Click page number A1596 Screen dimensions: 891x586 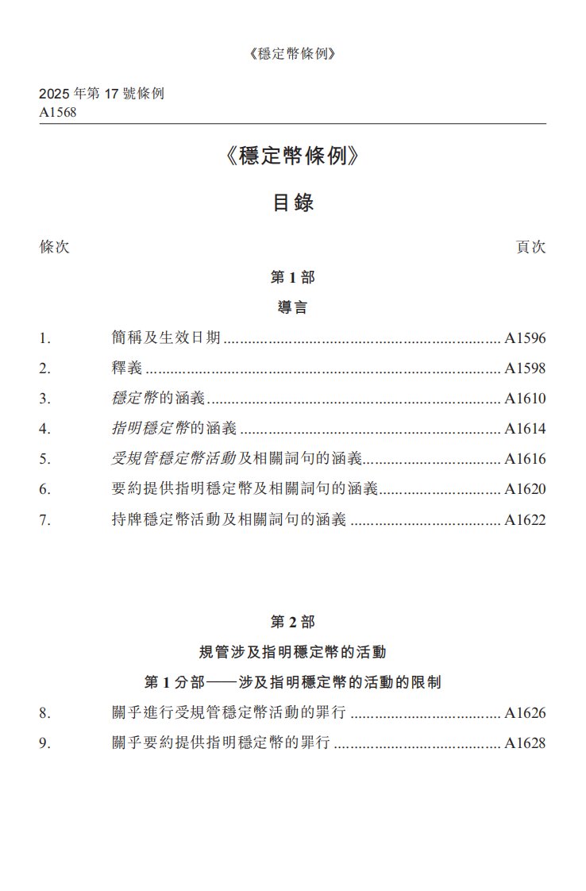tap(525, 338)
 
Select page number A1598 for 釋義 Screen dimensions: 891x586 tap(525, 368)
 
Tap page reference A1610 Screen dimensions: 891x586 tap(525, 399)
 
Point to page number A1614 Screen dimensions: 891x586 tap(525, 429)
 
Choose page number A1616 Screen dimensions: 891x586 tap(525, 459)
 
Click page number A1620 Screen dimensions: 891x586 tap(525, 489)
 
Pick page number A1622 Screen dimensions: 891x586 tap(525, 520)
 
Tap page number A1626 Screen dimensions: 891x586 tap(525, 713)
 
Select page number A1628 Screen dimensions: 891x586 tap(525, 743)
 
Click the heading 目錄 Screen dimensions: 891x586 tap(293, 202)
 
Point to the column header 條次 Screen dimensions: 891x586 tap(55, 247)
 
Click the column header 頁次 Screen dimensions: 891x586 tap(530, 247)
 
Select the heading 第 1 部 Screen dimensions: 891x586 tap(293, 278)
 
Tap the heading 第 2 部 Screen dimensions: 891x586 tap(293, 622)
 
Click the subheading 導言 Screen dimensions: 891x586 tap(293, 308)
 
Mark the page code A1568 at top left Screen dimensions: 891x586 tap(58, 112)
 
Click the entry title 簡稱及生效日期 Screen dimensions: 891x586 tap(166, 338)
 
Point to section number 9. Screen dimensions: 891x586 tap(44, 743)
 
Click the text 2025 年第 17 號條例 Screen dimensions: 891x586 tap(102, 94)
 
